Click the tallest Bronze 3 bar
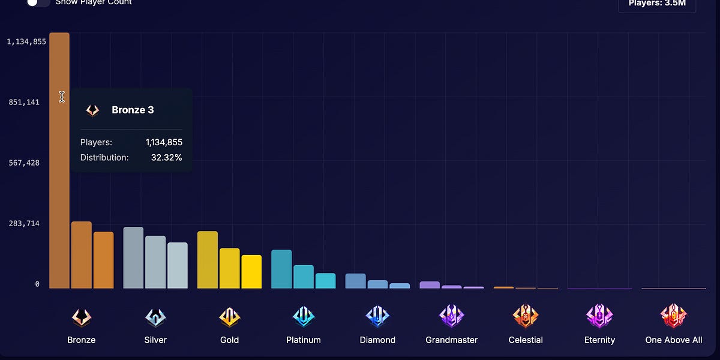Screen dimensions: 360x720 click(59, 180)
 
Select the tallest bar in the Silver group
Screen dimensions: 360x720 click(133, 258)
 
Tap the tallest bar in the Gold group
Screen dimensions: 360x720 click(208, 260)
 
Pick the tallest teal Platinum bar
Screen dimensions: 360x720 click(281, 269)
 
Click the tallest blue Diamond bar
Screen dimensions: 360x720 click(355, 281)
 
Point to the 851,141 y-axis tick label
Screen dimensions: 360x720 click(24, 103)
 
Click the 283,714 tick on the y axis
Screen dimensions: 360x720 click(24, 224)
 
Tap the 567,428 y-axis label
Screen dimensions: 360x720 click(24, 163)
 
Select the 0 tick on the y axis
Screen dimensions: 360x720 click(37, 284)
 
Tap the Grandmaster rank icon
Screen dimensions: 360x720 click(451, 316)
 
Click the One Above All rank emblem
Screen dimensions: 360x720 click(673, 316)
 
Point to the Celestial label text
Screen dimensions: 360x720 click(525, 340)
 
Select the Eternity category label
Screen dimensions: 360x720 click(599, 340)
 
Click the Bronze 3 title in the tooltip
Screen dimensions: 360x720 click(133, 110)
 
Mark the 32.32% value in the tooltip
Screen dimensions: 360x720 click(167, 158)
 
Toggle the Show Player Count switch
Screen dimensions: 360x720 click(38, 3)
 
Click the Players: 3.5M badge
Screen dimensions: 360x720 click(657, 4)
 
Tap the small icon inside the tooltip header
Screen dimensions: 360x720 click(92, 110)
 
